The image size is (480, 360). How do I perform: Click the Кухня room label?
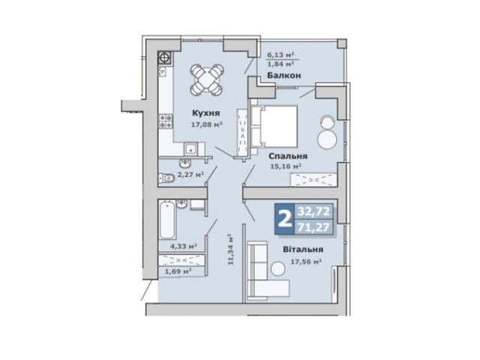pyautogui.click(x=205, y=113)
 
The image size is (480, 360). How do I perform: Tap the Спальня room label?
pyautogui.click(x=288, y=156)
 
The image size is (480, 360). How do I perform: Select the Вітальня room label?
pyautogui.click(x=303, y=250)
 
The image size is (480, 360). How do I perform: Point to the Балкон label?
pyautogui.click(x=284, y=75)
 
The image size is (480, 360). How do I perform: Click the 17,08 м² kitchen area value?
pyautogui.click(x=206, y=124)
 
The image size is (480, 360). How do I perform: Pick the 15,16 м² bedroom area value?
pyautogui.click(x=286, y=166)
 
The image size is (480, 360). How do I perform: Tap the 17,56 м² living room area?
pyautogui.click(x=305, y=262)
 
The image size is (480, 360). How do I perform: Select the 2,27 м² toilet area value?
pyautogui.click(x=190, y=175)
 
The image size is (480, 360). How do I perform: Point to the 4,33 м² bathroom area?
pyautogui.click(x=183, y=246)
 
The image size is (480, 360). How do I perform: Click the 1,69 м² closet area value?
pyautogui.click(x=178, y=271)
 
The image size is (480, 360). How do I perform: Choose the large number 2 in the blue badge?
pyautogui.click(x=284, y=219)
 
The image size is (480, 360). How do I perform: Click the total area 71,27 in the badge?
pyautogui.click(x=314, y=227)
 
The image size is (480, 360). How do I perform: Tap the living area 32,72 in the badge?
pyautogui.click(x=314, y=211)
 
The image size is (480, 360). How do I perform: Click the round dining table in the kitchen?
pyautogui.click(x=206, y=79)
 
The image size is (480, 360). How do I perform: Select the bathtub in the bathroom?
pyautogui.click(x=168, y=220)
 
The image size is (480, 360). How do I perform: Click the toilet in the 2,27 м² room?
pyautogui.click(x=166, y=178)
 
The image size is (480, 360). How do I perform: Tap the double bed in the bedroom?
pyautogui.click(x=274, y=126)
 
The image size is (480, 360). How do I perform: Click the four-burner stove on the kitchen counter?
pyautogui.click(x=165, y=121)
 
